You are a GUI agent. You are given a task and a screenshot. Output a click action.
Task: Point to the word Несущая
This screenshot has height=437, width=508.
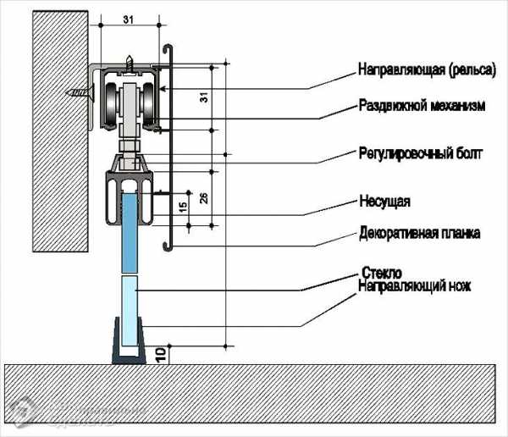click(384, 201)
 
